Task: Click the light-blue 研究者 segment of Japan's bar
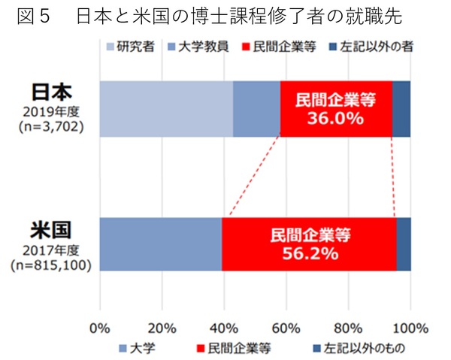pos(166,109)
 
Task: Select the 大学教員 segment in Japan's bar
pos(256,109)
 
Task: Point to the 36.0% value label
pos(336,118)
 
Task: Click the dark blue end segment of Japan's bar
pos(401,109)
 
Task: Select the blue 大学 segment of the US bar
pos(160,244)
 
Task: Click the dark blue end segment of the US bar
pos(404,244)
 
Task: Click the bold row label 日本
pos(51,92)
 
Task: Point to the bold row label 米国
pos(51,228)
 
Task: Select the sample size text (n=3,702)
pos(51,127)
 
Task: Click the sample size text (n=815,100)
pos(51,265)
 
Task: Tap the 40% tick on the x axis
pos(225,328)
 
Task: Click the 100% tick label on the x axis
pos(410,328)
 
